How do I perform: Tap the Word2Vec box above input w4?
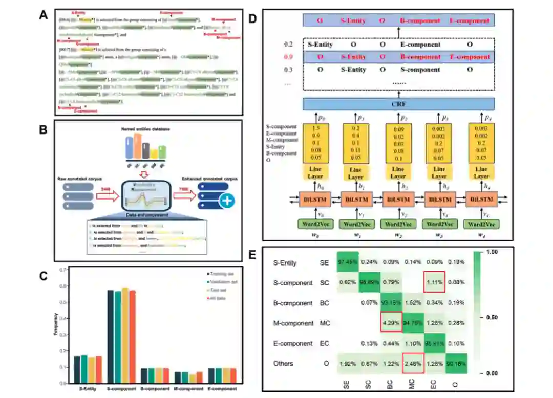pos(482,224)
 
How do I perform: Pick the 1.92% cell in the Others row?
pos(348,363)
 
